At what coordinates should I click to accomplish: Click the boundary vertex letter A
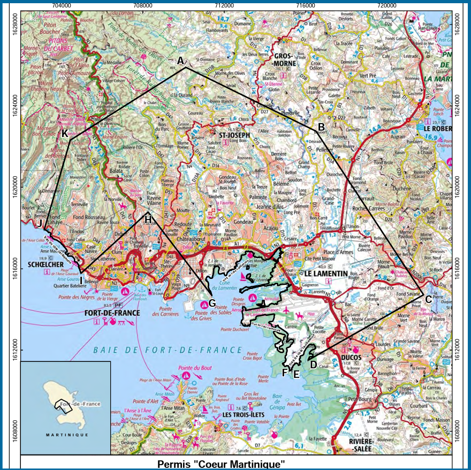click(x=180, y=60)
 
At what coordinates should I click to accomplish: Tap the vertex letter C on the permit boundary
click(x=428, y=299)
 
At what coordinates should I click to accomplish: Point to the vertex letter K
click(x=65, y=133)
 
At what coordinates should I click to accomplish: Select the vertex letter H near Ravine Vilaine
click(x=148, y=218)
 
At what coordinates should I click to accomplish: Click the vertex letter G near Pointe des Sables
click(x=212, y=303)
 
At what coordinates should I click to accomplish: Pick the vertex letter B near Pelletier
click(x=321, y=127)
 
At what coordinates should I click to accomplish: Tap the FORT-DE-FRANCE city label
click(x=112, y=313)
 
